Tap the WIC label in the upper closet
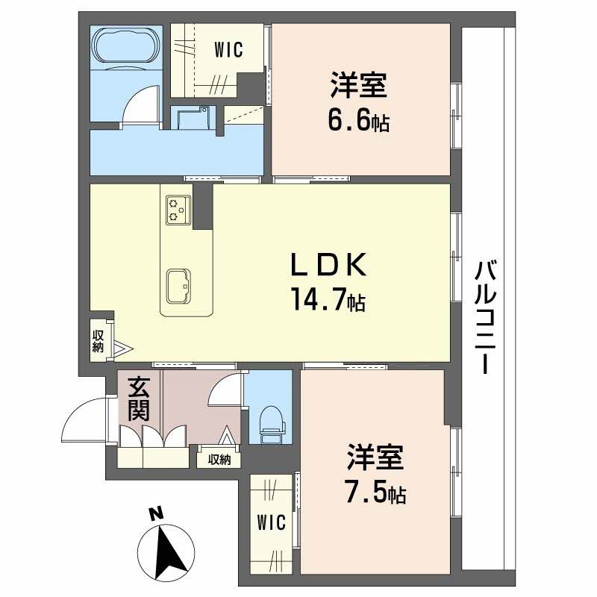(229, 50)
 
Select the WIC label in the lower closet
(271, 522)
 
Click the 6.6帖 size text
(360, 121)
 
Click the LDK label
(328, 265)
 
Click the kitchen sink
(179, 286)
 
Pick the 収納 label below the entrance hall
(219, 460)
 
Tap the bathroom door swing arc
(140, 103)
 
